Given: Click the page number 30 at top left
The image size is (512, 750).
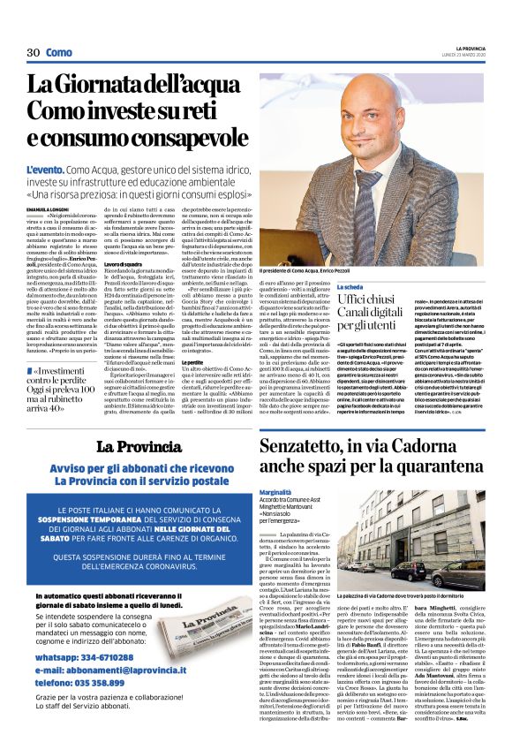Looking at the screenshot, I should [34, 52].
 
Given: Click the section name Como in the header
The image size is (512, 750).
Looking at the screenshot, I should [59, 52].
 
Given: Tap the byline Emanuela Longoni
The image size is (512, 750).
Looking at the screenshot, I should [52, 209].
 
